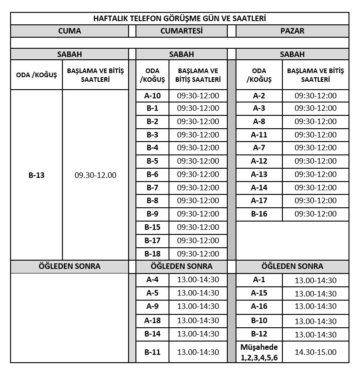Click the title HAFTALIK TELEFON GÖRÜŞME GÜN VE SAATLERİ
pyautogui.click(x=180, y=18)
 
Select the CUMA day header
pyautogui.click(x=69, y=31)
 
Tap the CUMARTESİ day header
pyautogui.click(x=181, y=31)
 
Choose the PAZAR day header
pyautogui.click(x=292, y=31)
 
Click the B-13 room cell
pyautogui.click(x=36, y=175)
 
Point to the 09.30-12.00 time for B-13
pyautogui.click(x=96, y=175)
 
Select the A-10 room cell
pyautogui.click(x=152, y=96)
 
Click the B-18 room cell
pyautogui.click(x=152, y=254)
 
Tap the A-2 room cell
pyautogui.click(x=259, y=96)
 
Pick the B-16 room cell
pyautogui.click(x=259, y=214)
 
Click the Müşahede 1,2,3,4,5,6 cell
pyautogui.click(x=259, y=352)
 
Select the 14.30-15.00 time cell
pyautogui.click(x=315, y=352)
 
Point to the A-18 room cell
pyautogui.click(x=152, y=321)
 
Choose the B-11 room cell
pyautogui.click(x=152, y=352)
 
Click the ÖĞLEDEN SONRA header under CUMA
pyautogui.click(x=69, y=266)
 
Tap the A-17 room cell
pyautogui.click(x=259, y=200)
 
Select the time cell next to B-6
pyautogui.click(x=198, y=174)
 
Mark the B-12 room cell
pyautogui.click(x=259, y=334)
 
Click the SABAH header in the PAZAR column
pyautogui.click(x=292, y=54)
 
